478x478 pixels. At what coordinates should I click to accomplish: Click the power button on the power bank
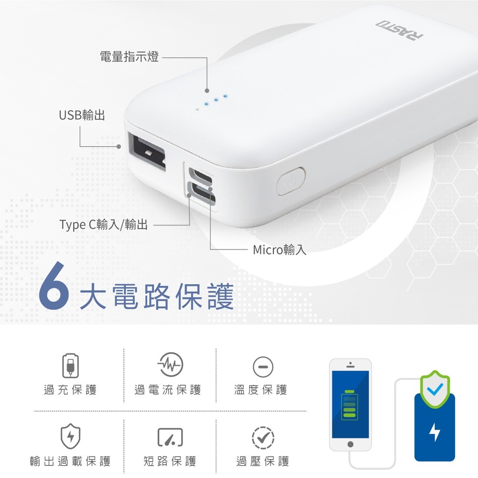pos(291,181)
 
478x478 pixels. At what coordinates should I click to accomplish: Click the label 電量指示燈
pos(129,57)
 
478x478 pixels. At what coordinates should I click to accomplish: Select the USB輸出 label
pos(82,115)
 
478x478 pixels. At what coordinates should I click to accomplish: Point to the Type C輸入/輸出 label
pos(103,225)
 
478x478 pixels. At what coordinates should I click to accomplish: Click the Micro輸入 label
pos(280,250)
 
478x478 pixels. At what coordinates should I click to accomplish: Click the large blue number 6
pos(54,286)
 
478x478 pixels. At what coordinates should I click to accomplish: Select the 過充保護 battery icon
pos(70,366)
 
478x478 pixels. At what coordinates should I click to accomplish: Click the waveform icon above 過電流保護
pos(170,365)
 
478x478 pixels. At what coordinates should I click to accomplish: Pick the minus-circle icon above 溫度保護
pos(263,367)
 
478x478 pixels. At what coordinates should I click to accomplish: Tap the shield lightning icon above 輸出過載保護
pos(70,436)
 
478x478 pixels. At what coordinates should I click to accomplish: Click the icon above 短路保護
pos(171,437)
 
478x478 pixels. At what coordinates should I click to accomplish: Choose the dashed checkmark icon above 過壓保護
pos(263,437)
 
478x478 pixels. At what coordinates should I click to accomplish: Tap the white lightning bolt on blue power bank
pos(435,432)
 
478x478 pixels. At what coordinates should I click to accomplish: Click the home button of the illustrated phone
pos(350,444)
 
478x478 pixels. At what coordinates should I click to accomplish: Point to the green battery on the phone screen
pos(349,404)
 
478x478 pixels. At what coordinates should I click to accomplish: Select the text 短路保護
pos(170,461)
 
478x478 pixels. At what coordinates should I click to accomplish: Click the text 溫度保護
pos(261,390)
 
